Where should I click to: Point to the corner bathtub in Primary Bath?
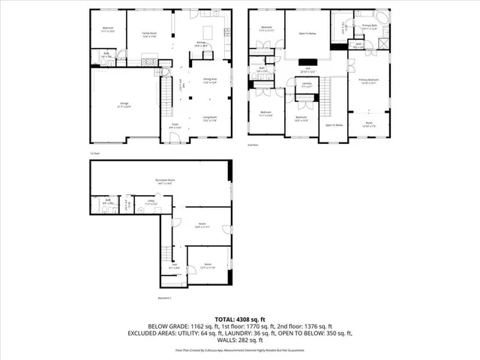[383, 18]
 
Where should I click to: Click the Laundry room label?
[307, 85]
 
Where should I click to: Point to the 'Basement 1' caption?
[166, 298]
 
